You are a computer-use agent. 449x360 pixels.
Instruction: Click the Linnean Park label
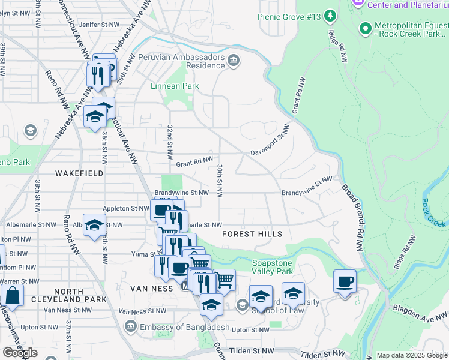point(174,86)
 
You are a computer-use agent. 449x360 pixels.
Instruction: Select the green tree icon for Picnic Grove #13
point(330,15)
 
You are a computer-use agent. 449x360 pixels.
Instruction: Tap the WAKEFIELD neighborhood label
point(79,173)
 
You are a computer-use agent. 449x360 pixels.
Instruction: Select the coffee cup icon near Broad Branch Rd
point(345,281)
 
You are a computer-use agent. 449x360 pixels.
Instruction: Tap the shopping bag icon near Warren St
point(12,295)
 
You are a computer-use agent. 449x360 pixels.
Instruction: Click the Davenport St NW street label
point(270,147)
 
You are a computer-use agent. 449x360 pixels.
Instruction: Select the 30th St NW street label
point(220,181)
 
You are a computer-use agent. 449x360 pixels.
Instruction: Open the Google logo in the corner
point(20,352)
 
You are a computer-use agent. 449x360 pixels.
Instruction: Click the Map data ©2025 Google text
point(412,355)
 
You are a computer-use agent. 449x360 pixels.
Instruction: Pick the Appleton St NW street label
point(125,209)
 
